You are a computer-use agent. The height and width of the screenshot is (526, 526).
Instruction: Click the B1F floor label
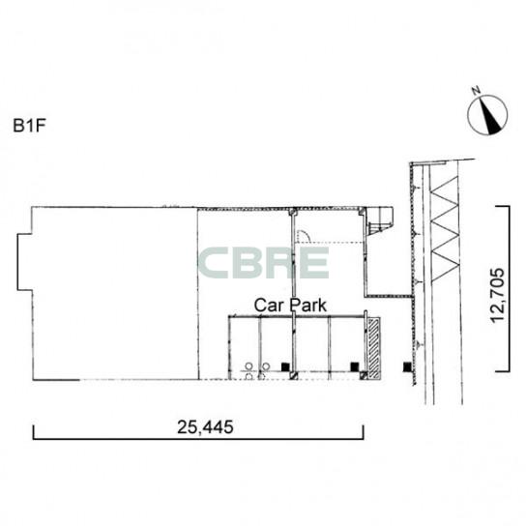point(29,126)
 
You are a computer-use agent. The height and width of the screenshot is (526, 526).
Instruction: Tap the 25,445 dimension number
point(205,427)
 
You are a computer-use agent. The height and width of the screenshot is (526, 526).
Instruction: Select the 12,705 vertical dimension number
point(497,295)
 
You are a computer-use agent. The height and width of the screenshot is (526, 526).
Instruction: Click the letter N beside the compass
point(476,90)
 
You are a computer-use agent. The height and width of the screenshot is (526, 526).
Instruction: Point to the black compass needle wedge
point(492,115)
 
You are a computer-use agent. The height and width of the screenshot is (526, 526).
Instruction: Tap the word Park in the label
point(307,306)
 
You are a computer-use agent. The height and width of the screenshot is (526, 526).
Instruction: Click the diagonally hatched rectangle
point(374,348)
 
